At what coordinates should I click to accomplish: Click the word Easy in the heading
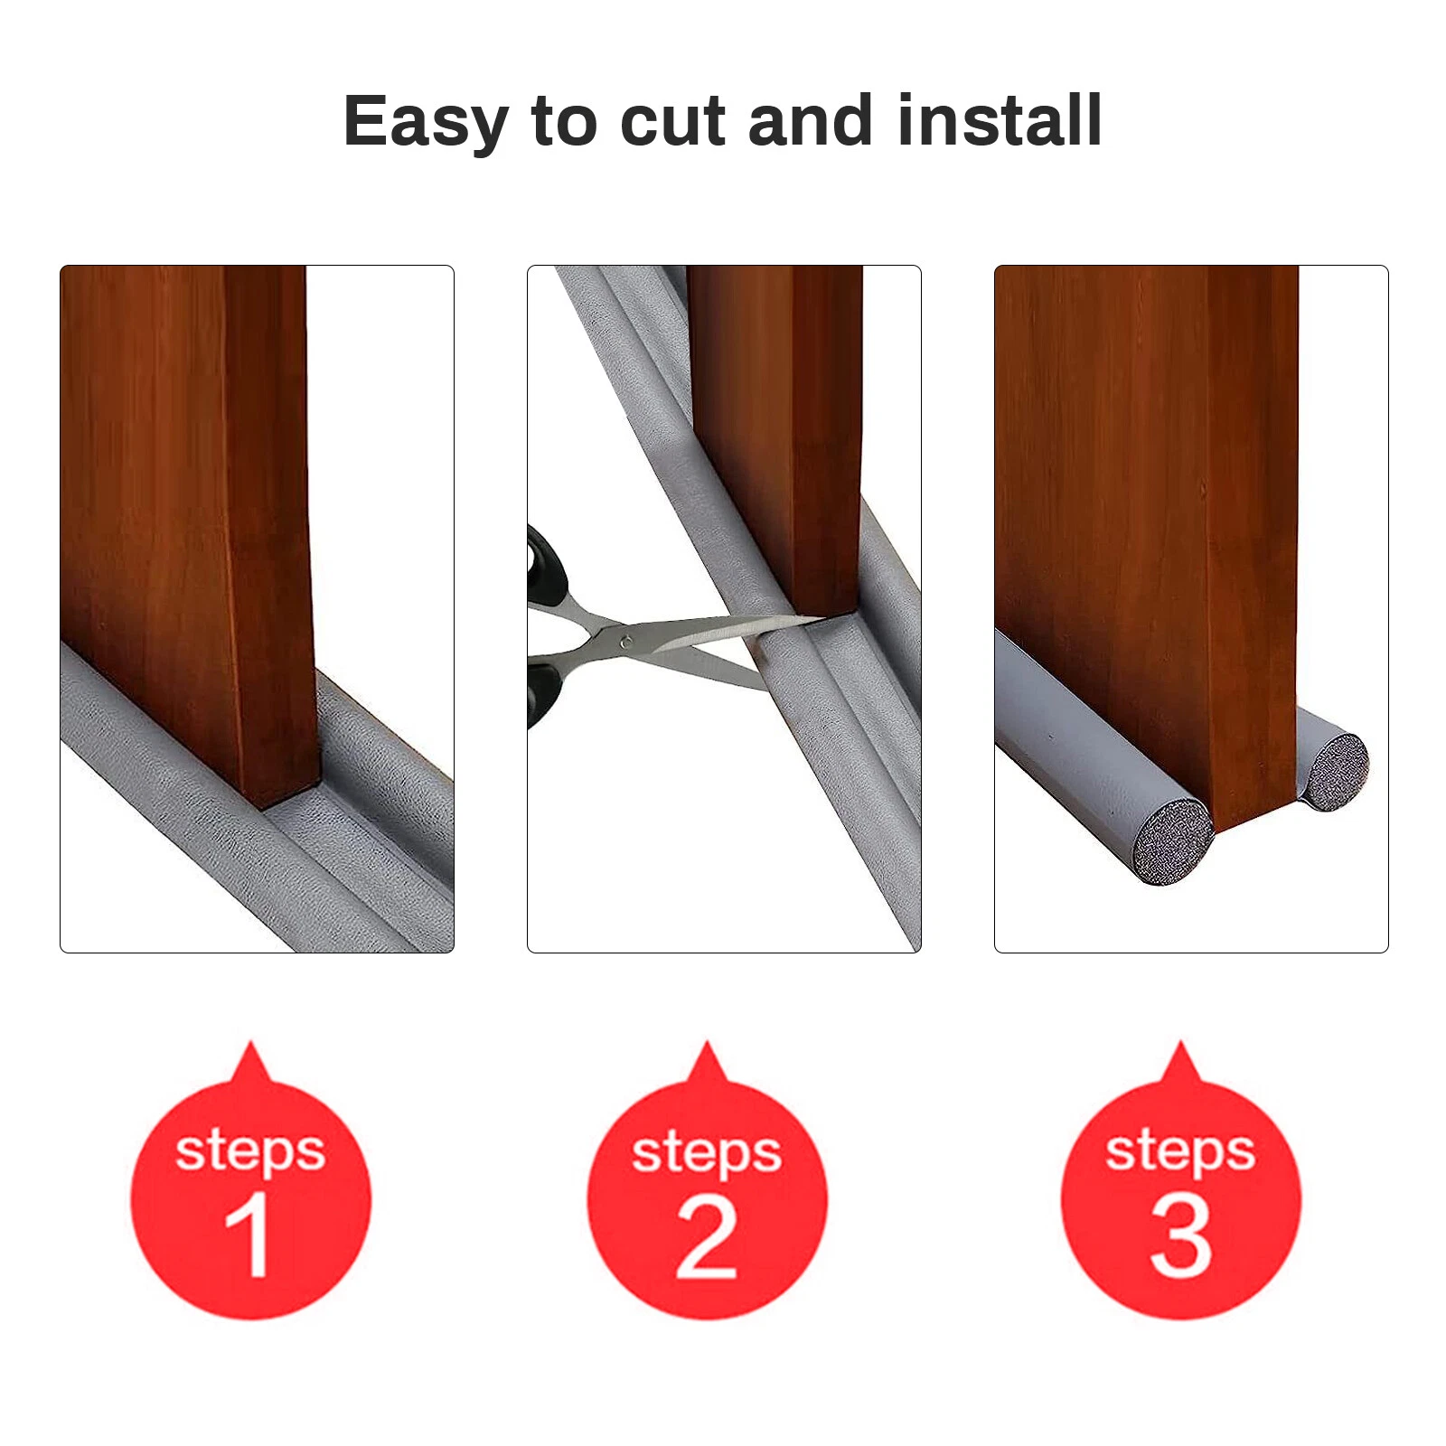coord(426,121)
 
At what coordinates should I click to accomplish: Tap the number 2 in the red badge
coord(706,1236)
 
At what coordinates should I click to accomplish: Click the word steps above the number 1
coord(250,1152)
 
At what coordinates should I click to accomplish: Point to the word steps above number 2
coord(707,1154)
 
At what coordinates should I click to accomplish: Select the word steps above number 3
coord(1180,1152)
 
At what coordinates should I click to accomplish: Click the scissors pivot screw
coord(624,643)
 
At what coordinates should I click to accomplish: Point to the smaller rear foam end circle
coord(1336,771)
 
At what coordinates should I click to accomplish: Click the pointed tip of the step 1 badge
coord(251,1047)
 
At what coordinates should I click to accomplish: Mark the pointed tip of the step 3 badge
coord(1179,1046)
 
